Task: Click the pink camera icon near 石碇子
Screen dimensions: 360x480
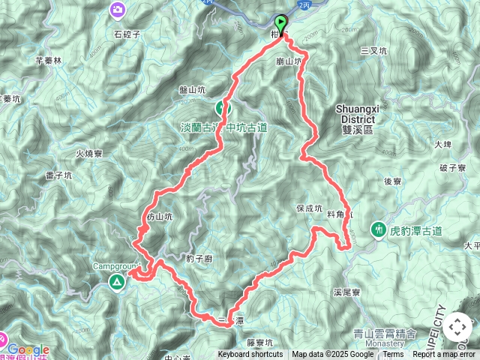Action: [118, 10]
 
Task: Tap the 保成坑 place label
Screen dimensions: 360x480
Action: [309, 208]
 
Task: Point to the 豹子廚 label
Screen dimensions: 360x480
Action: [201, 258]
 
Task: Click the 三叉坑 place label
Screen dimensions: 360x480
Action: [373, 51]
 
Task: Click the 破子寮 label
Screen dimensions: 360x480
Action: [454, 167]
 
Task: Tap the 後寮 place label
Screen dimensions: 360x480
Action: [394, 181]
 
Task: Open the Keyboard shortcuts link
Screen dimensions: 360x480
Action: [250, 355]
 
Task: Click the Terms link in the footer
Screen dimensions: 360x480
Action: [393, 355]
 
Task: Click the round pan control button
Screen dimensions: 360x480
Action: [457, 328]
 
